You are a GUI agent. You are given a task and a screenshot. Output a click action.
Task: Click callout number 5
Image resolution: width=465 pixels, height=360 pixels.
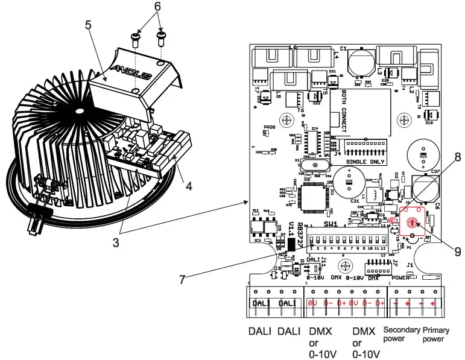click(x=89, y=27)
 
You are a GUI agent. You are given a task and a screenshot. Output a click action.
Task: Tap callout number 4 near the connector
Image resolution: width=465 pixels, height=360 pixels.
click(x=189, y=186)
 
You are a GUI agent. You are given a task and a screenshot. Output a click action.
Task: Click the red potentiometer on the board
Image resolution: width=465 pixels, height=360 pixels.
click(x=412, y=223)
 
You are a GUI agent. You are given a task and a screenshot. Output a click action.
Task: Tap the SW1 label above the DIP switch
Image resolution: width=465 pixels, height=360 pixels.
click(x=331, y=224)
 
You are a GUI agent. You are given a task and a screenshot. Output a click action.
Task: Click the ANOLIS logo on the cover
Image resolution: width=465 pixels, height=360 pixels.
click(x=134, y=68)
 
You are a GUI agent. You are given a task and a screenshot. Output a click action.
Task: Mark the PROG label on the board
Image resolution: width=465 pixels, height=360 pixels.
click(x=269, y=128)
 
